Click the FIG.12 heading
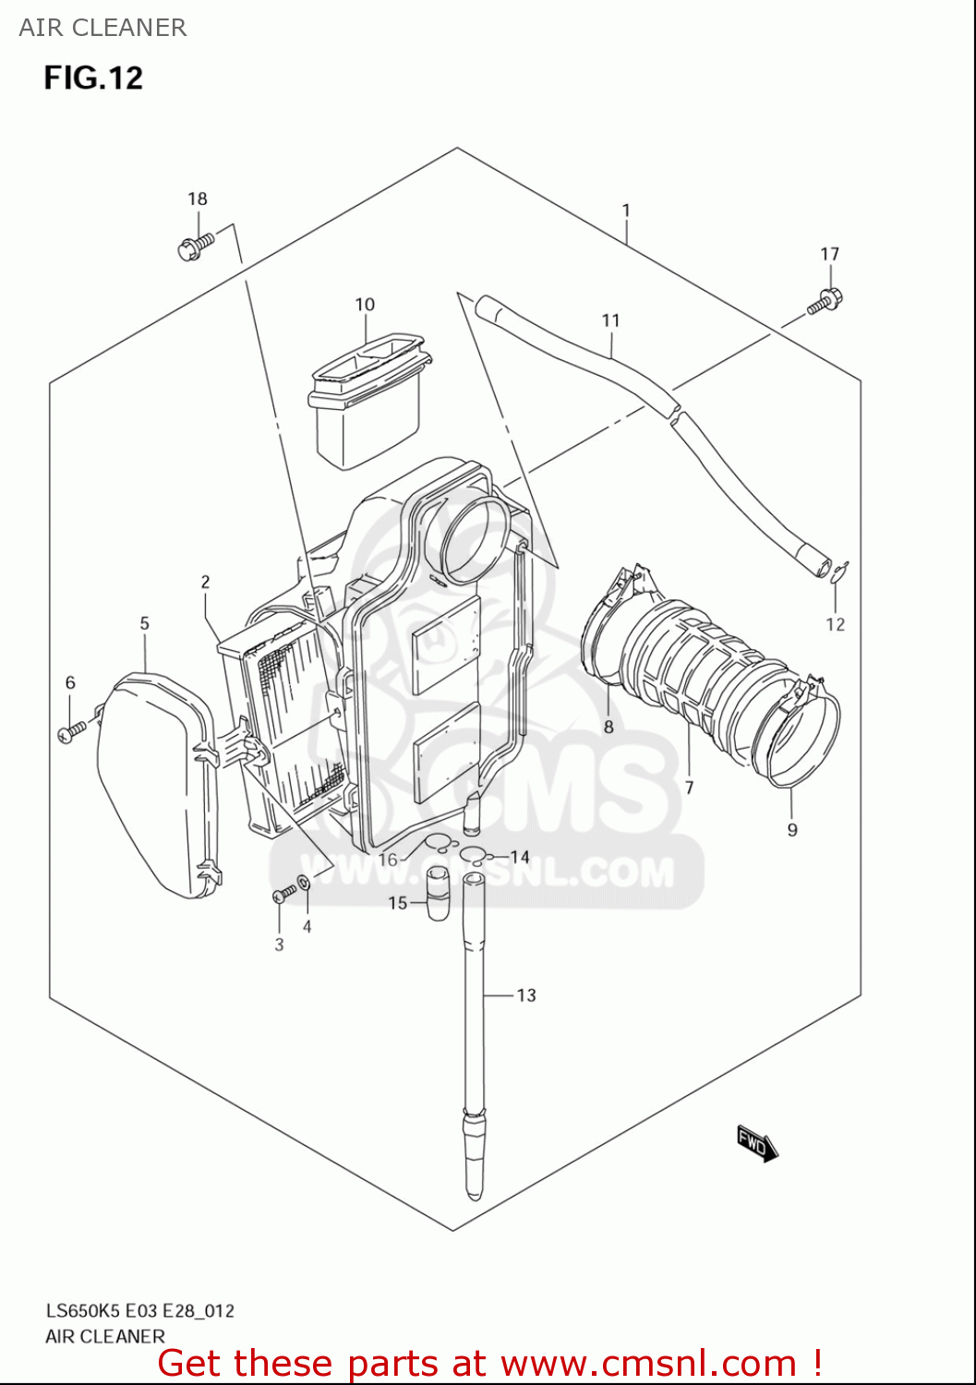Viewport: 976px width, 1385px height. pyautogui.click(x=93, y=78)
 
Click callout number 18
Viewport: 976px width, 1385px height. pyautogui.click(x=198, y=199)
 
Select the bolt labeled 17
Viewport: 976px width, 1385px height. pyautogui.click(x=825, y=302)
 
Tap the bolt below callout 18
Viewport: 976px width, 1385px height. pyautogui.click(x=195, y=247)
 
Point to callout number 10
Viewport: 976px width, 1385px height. pyautogui.click(x=365, y=305)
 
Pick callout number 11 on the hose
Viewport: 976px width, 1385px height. pyautogui.click(x=610, y=320)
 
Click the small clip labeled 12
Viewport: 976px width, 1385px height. pyautogui.click(x=839, y=572)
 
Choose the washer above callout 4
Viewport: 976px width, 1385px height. pyautogui.click(x=304, y=883)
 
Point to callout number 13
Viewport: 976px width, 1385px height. pyautogui.click(x=526, y=995)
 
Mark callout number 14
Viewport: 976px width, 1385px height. pyautogui.click(x=520, y=857)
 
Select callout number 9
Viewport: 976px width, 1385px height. pyautogui.click(x=792, y=829)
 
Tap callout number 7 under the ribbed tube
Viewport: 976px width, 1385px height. pyautogui.click(x=689, y=787)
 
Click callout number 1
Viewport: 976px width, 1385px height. pyautogui.click(x=626, y=211)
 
